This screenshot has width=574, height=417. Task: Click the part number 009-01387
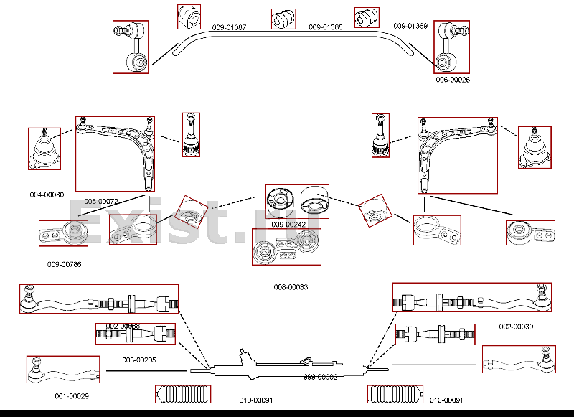(x=229, y=28)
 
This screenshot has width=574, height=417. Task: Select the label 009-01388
(x=325, y=28)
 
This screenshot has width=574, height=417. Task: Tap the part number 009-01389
(x=410, y=26)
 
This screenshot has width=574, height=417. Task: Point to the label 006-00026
(x=453, y=80)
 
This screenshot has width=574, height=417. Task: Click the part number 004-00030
(x=47, y=195)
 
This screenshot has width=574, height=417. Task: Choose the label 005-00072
(x=101, y=201)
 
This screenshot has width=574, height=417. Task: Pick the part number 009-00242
(x=288, y=225)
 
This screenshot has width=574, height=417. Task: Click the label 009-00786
(x=65, y=265)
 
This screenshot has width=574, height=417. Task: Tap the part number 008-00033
(x=291, y=287)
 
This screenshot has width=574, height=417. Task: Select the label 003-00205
(x=139, y=360)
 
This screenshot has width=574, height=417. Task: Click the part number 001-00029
(x=72, y=396)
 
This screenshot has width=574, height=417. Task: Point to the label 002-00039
(x=516, y=327)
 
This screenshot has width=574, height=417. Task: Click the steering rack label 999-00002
(x=320, y=377)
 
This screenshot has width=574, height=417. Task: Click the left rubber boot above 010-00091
(x=183, y=394)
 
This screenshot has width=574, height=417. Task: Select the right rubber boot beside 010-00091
(x=395, y=394)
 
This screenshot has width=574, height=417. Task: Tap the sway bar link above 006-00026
(x=452, y=47)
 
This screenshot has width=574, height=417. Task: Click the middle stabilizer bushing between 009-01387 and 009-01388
(x=283, y=19)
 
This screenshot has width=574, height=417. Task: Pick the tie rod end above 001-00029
(x=63, y=369)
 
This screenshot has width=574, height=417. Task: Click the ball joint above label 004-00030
(x=44, y=149)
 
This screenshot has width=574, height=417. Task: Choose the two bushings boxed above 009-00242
(x=297, y=201)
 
